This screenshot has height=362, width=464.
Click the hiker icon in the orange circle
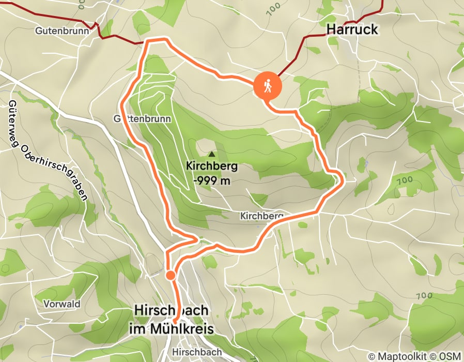(x=268, y=86)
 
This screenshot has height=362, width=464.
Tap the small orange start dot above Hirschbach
(x=170, y=275)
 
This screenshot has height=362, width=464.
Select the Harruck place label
(x=352, y=30)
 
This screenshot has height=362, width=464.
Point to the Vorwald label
(x=62, y=304)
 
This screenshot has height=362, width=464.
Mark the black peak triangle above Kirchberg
(x=211, y=154)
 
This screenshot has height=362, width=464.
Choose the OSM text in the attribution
(x=446, y=356)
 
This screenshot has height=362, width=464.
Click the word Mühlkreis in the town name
(x=186, y=329)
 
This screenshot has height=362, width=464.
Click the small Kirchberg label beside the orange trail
(x=262, y=215)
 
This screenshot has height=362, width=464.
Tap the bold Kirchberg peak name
(x=212, y=167)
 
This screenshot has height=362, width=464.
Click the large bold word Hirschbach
(x=171, y=311)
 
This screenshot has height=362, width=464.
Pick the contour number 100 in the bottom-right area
(x=423, y=296)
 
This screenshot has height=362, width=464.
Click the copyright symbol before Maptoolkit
(x=372, y=356)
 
